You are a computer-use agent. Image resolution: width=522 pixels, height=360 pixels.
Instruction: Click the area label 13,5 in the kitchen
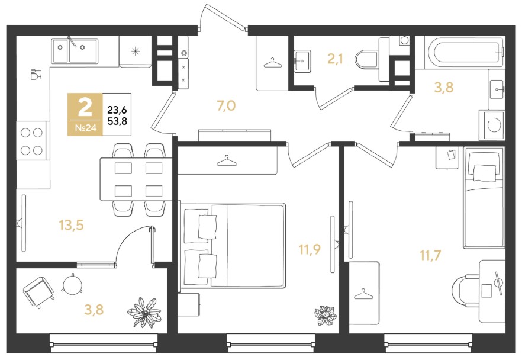pyautogui.click(x=71, y=226)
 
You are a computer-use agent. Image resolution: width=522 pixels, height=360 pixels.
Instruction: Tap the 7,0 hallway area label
pyautogui.click(x=226, y=106)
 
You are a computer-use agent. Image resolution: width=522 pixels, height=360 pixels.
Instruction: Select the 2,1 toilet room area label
pyautogui.click(x=335, y=59)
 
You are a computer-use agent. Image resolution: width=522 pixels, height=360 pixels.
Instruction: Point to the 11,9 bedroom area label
pyautogui.click(x=310, y=249)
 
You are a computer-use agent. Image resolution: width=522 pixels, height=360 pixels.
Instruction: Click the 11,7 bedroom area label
pyautogui.click(x=430, y=256)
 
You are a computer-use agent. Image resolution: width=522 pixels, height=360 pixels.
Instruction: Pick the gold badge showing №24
pyautogui.click(x=85, y=114)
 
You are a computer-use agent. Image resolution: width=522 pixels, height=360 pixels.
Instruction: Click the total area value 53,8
pyautogui.click(x=117, y=121)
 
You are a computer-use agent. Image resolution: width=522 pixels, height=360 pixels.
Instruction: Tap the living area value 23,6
pyautogui.click(x=117, y=109)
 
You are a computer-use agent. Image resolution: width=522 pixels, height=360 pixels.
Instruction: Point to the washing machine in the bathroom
pyautogui.click(x=492, y=125)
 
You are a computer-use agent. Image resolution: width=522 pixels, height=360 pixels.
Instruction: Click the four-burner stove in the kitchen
pyautogui.click(x=31, y=141)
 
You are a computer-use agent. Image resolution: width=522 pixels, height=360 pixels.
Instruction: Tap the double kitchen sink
pyautogui.click(x=75, y=51)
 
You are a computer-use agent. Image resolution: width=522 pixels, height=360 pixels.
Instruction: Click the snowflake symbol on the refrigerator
pyautogui.click(x=135, y=52)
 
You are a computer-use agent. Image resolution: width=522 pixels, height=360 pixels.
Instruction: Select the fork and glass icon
pyautogui.click(x=36, y=74)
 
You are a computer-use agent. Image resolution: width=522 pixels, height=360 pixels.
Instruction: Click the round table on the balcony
pyautogui.click(x=72, y=284)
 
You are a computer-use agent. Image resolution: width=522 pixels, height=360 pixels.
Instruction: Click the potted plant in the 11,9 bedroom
pyautogui.click(x=326, y=315)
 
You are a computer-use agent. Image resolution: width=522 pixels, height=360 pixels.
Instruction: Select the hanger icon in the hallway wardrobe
pyautogui.click(x=273, y=62)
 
